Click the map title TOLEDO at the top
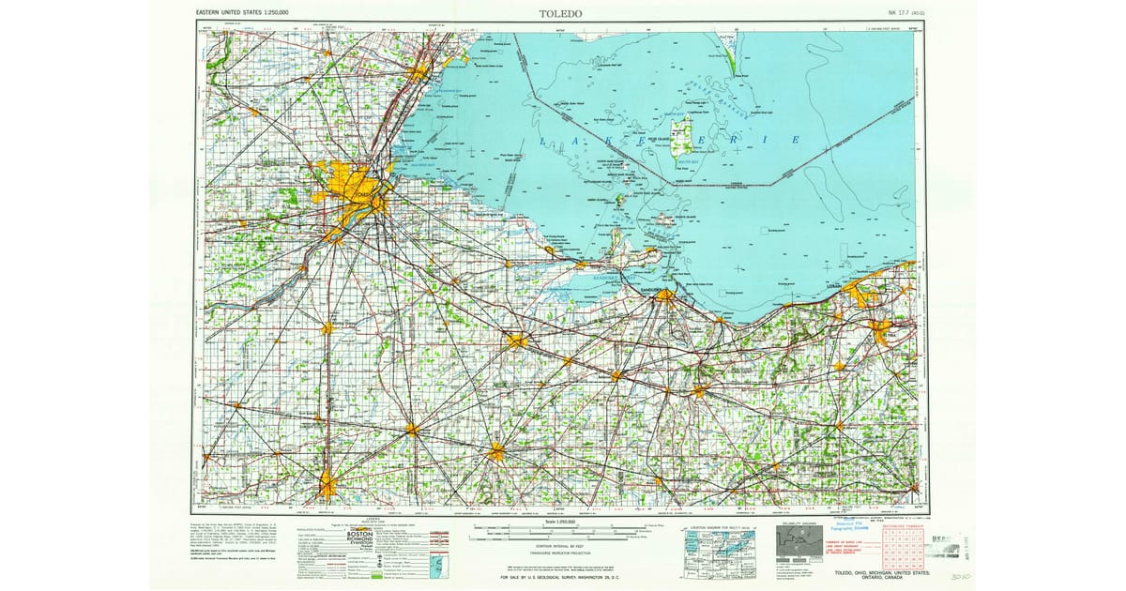point(560,14)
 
